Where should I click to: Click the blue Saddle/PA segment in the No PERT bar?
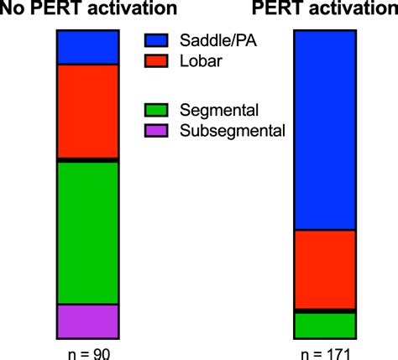point(87,47)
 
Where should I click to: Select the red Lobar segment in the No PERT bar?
point(87,110)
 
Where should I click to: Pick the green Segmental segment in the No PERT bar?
point(87,232)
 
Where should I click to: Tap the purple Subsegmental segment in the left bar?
point(87,321)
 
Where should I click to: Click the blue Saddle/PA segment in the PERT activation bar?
point(325,129)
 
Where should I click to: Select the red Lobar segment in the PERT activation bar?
point(325,269)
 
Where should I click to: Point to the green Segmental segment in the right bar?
point(325,324)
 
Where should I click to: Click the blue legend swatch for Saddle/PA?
point(155,39)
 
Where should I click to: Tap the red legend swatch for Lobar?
point(155,60)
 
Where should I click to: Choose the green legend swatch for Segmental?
point(155,109)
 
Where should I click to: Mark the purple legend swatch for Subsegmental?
point(155,130)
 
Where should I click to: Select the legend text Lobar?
point(200,60)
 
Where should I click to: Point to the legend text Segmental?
point(218,109)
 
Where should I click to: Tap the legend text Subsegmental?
point(232,130)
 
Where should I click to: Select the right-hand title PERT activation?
point(324,10)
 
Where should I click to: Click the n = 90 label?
point(87,352)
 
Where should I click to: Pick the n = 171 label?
point(325,352)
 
